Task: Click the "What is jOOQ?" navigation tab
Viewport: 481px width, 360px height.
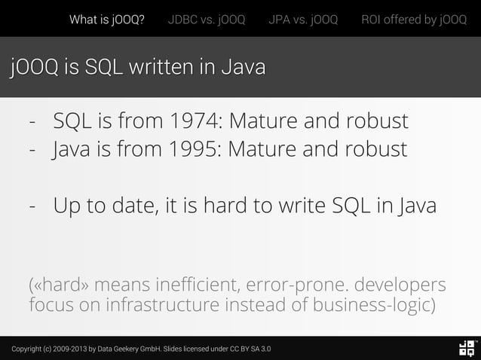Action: [107, 20]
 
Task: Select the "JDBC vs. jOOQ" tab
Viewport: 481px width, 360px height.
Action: [207, 20]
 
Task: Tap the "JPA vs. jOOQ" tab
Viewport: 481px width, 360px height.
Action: [303, 20]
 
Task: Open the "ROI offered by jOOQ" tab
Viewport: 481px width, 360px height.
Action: [414, 20]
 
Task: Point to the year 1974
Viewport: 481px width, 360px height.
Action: [195, 121]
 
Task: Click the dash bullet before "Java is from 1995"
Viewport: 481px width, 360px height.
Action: [32, 149]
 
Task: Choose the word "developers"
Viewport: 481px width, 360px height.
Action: [400, 287]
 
